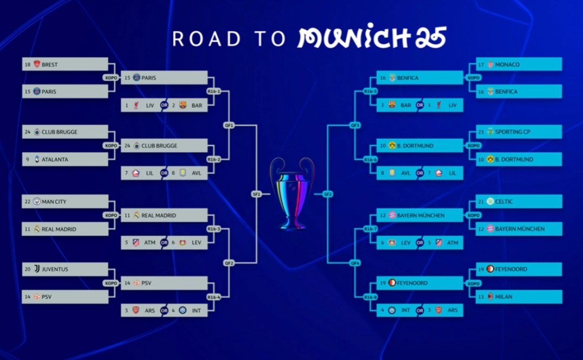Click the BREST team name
tap(49, 65)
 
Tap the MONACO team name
tap(507, 65)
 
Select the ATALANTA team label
tap(55, 159)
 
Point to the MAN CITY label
tap(54, 202)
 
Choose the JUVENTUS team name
tap(55, 269)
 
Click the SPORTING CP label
tap(512, 132)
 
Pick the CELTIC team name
tap(504, 202)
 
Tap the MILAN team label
tap(504, 297)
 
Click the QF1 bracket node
tap(229, 125)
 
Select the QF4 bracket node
tap(355, 263)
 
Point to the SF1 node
tap(256, 194)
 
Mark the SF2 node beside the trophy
tap(328, 194)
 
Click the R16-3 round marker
tap(214, 229)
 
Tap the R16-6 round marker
tap(370, 159)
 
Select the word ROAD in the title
tap(207, 38)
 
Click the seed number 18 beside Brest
tap(28, 65)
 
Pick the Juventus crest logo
tap(37, 269)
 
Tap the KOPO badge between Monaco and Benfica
tap(473, 78)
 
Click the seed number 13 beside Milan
tap(481, 297)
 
